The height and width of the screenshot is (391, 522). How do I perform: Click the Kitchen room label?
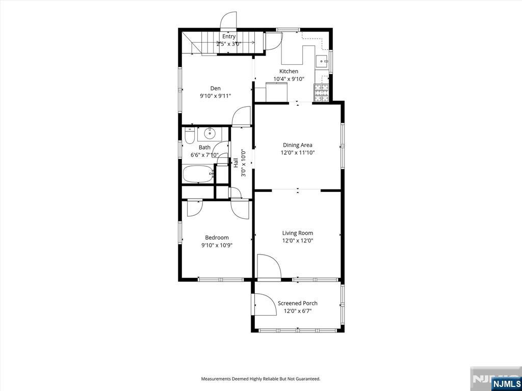[x=289, y=71]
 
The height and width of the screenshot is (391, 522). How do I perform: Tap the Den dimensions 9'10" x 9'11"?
[x=216, y=96]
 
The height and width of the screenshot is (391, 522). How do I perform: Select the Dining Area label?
[x=298, y=145]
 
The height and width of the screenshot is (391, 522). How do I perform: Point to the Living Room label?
[x=298, y=233]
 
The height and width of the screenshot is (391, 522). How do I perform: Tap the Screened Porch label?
[x=298, y=303]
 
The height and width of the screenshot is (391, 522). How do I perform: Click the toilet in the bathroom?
[x=189, y=136]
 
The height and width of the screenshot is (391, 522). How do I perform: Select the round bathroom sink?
[x=210, y=134]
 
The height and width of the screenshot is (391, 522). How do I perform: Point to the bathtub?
[x=198, y=174]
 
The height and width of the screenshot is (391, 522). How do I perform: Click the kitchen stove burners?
[x=322, y=93]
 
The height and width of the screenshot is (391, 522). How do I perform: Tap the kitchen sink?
[x=322, y=61]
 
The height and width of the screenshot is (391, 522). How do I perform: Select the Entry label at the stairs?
[x=229, y=37]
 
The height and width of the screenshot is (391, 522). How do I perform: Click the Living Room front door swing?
[x=269, y=266]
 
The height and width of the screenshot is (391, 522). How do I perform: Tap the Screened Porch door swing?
[x=265, y=304]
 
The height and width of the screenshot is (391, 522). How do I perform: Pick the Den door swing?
[x=241, y=117]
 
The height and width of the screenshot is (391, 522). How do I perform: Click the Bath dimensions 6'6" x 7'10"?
[x=204, y=155]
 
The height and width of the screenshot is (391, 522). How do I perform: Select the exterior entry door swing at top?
[x=228, y=20]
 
